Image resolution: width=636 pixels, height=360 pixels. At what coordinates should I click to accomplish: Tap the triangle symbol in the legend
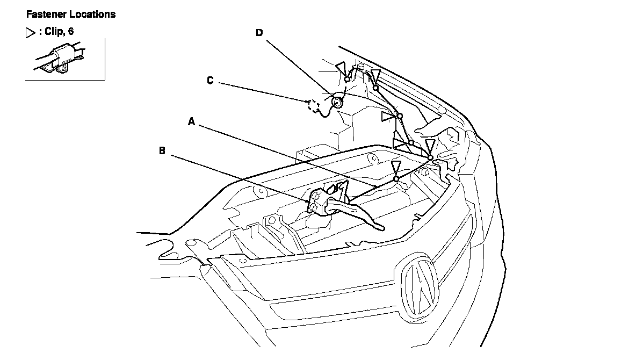pos(31,32)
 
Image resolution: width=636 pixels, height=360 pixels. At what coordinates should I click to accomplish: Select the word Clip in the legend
pos(53,31)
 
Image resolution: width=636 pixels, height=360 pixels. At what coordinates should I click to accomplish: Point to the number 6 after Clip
pos(71,31)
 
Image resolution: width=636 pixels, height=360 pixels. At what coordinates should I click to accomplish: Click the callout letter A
pos(191,121)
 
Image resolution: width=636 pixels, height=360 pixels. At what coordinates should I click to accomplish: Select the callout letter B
pos(162,151)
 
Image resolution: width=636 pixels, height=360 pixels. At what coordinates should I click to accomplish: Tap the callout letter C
pos(210,81)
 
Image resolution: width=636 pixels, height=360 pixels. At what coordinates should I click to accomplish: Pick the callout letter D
pos(259,32)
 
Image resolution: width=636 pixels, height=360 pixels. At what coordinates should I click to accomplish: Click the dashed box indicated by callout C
pos(314,105)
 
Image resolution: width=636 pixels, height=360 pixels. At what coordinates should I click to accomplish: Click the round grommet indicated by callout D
pos(337,102)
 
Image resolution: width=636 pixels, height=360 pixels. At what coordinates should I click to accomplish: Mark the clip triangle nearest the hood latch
pos(396,167)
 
